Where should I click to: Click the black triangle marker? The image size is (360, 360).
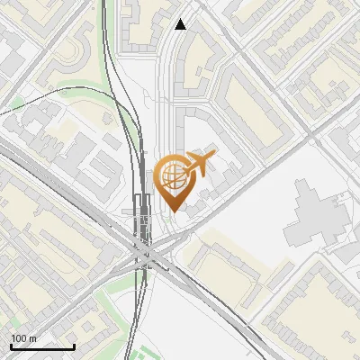(x=181, y=24)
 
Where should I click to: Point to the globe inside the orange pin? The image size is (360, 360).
(x=170, y=175)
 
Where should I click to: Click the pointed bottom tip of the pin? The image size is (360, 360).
(x=171, y=211)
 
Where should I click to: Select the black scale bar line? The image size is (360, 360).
(x=42, y=346)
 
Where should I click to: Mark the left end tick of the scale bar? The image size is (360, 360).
(x=11, y=345)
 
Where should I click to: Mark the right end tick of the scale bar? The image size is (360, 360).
(x=74, y=345)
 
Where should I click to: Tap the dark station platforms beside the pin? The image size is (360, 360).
(x=141, y=216)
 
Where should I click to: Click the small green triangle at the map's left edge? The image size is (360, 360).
(x=16, y=101)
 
